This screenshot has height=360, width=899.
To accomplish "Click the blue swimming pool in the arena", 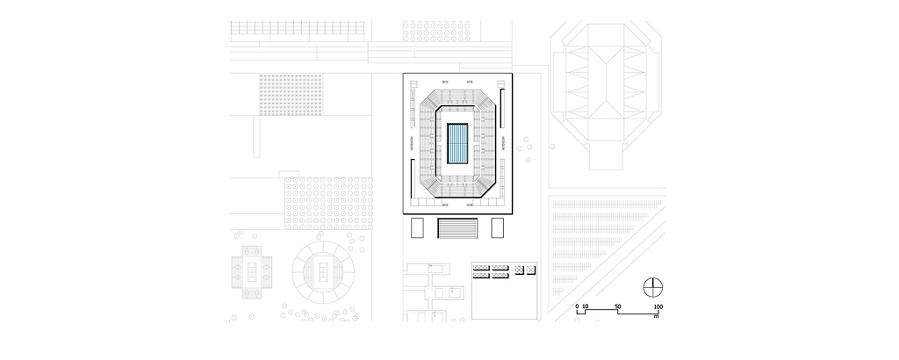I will (457, 145).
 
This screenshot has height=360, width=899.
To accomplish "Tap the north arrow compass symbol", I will (651, 286).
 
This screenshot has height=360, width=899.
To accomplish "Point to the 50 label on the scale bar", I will (618, 306).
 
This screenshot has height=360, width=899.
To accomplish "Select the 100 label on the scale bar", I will (658, 306).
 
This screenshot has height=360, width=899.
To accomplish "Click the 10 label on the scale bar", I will (586, 306).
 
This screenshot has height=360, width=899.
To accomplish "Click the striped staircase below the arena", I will (457, 228).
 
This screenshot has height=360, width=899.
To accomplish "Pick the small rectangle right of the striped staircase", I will (498, 228).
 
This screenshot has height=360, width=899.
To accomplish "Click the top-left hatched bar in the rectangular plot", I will (481, 266).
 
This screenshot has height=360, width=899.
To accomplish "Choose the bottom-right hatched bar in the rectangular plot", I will (500, 275).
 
